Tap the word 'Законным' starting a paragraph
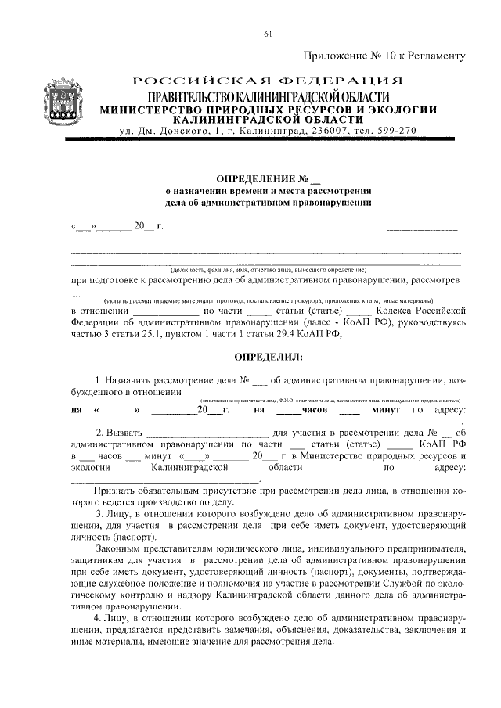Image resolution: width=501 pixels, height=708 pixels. (x=118, y=549)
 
